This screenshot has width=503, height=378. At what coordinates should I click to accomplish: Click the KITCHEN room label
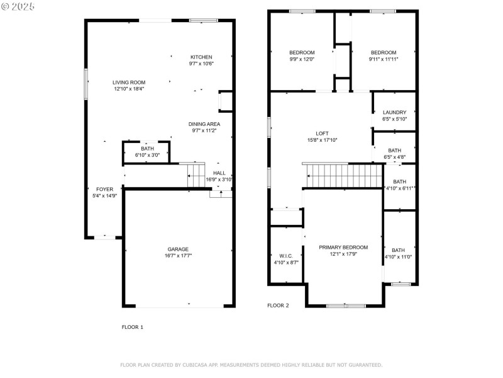(x=201, y=57)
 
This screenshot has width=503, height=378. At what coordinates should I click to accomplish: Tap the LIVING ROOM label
(x=129, y=83)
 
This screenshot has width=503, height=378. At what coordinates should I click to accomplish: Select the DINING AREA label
(x=204, y=124)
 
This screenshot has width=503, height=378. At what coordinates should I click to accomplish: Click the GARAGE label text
(x=178, y=249)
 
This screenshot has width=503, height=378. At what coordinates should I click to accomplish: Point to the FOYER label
(x=104, y=190)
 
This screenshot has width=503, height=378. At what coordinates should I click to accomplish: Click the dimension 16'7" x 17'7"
(x=178, y=256)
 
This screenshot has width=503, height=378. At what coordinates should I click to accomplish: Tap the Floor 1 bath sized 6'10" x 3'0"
(x=147, y=152)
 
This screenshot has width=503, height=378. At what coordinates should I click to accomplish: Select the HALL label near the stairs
(x=219, y=173)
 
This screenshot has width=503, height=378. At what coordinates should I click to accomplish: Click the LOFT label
(x=322, y=134)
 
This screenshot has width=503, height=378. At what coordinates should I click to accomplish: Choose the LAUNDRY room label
(x=395, y=113)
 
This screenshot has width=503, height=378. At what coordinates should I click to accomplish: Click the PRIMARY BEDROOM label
(x=343, y=248)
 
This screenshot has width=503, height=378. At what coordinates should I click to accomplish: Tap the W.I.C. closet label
(x=286, y=256)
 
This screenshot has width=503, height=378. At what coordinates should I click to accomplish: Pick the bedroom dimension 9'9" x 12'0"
(x=302, y=59)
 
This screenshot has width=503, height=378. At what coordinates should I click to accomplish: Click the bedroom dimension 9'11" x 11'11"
(x=384, y=59)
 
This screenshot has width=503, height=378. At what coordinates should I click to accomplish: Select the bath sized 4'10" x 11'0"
(x=398, y=254)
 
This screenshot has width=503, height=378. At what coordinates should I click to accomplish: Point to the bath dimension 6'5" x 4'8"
(x=395, y=157)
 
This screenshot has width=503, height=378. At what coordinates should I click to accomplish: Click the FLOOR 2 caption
(x=278, y=306)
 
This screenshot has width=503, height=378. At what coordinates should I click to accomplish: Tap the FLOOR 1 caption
(x=133, y=327)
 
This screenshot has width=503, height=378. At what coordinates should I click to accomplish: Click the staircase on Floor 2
(x=344, y=176)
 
